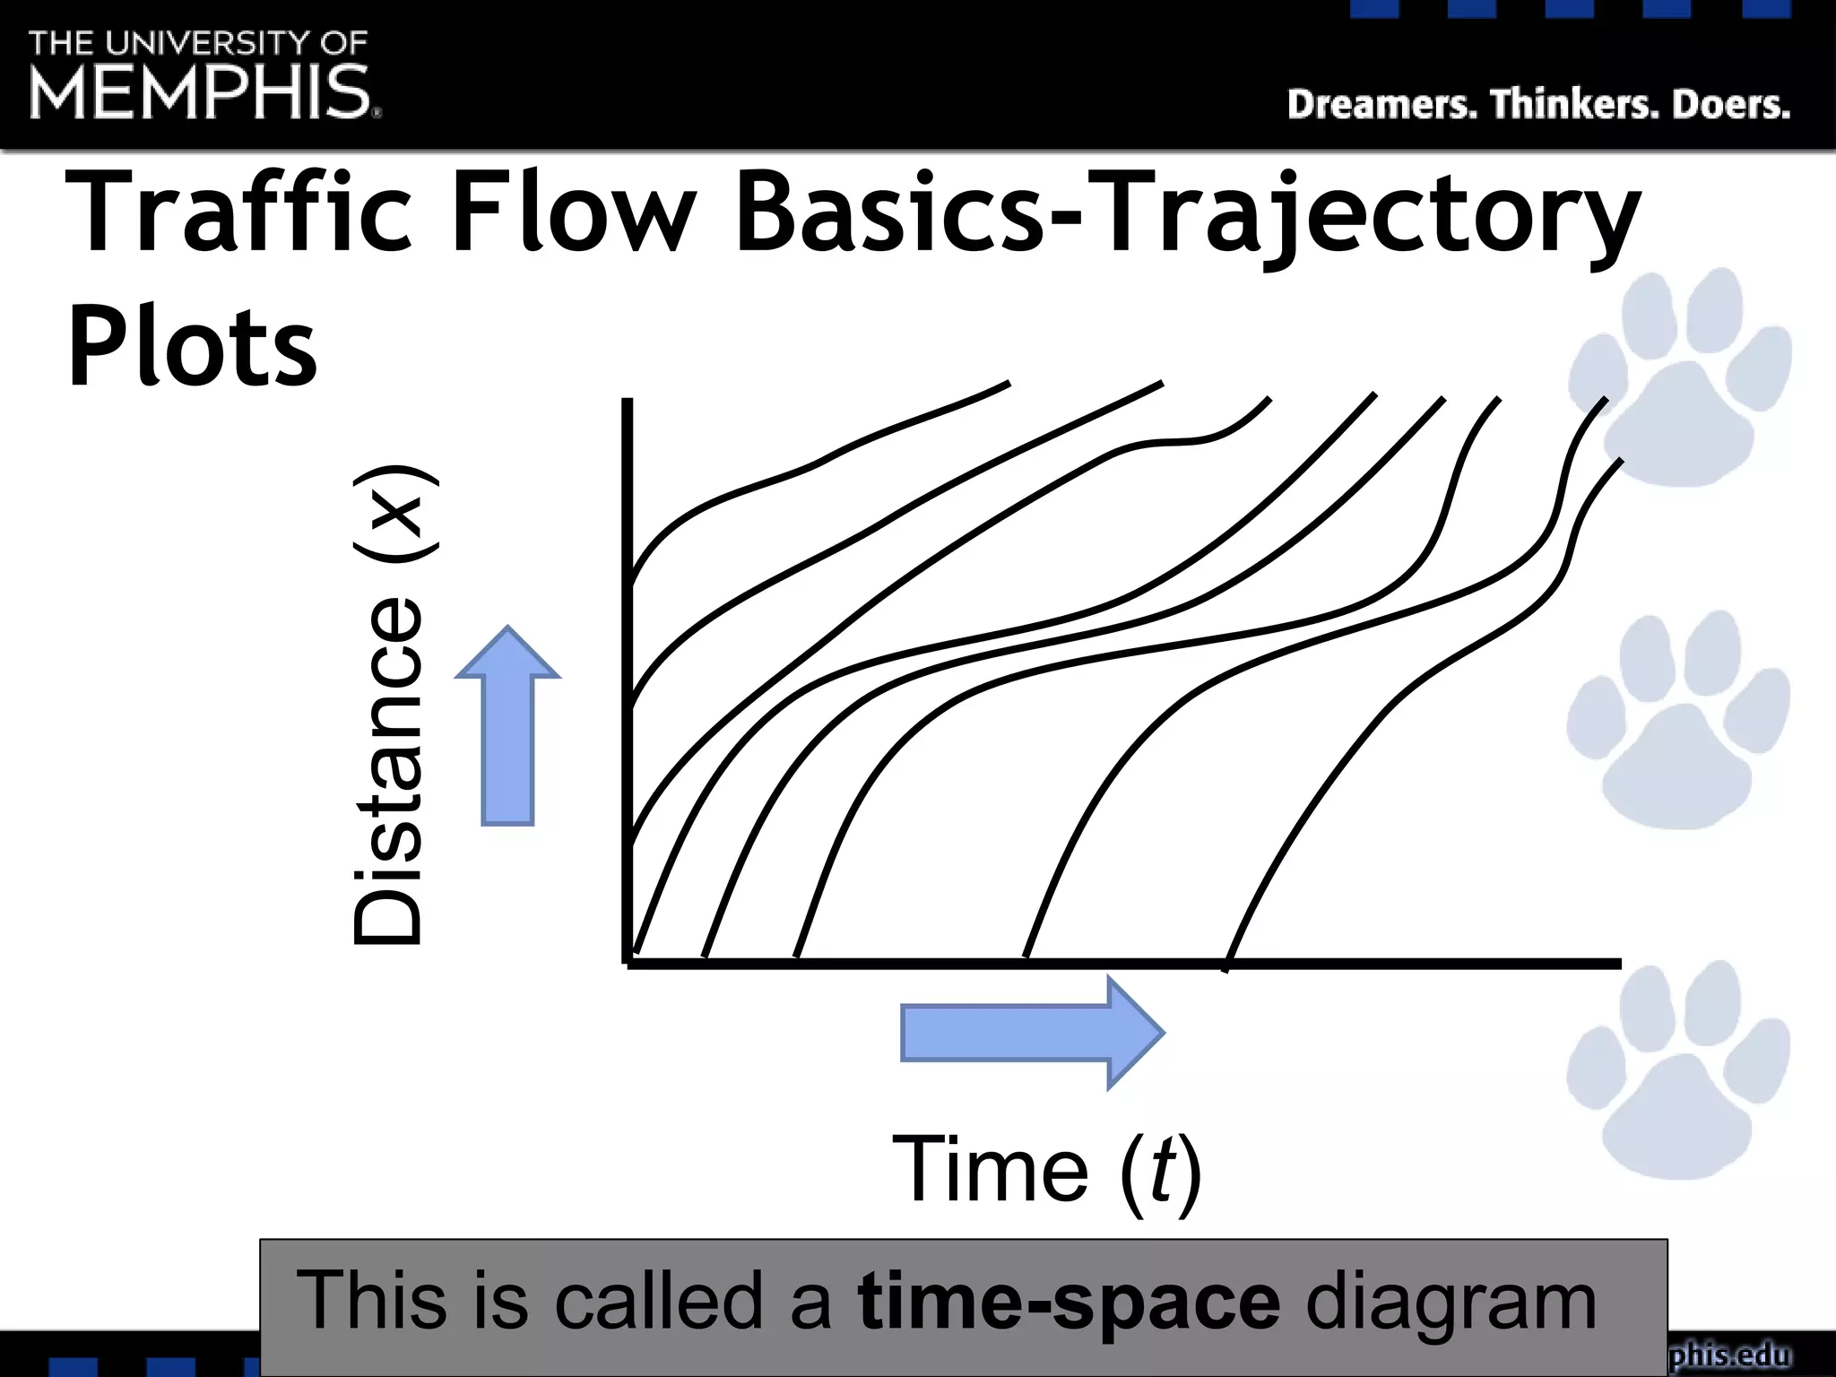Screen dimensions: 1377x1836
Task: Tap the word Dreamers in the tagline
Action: click(x=1381, y=105)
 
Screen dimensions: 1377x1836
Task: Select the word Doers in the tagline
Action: click(x=1730, y=105)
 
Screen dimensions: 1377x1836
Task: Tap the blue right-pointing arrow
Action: click(x=1031, y=1033)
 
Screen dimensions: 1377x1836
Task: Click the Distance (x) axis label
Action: click(x=389, y=705)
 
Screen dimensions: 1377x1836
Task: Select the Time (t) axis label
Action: click(x=1047, y=1170)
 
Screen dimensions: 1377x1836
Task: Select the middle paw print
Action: click(x=1678, y=722)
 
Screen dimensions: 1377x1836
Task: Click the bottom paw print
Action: click(x=1678, y=1071)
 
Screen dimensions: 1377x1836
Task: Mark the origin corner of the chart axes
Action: click(x=628, y=963)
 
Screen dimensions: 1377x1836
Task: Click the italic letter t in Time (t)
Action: click(x=1162, y=1170)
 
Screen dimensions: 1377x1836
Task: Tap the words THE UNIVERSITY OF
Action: click(x=198, y=43)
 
